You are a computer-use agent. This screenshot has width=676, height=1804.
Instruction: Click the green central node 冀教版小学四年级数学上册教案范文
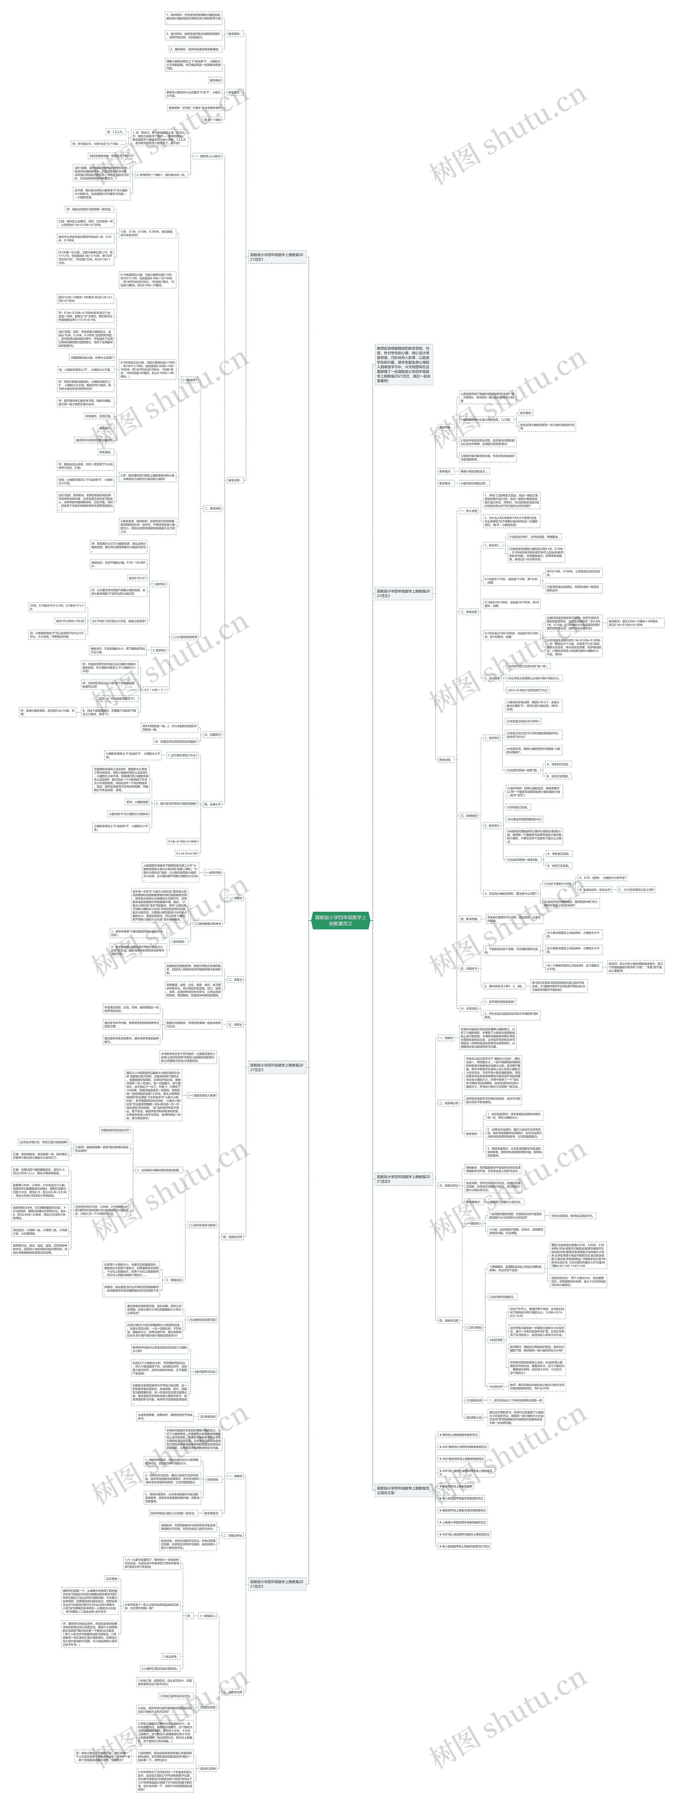click(x=340, y=920)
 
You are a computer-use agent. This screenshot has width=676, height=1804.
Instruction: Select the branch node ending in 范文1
click(x=277, y=257)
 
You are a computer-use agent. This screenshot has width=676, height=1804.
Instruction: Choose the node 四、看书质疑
click(x=469, y=918)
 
